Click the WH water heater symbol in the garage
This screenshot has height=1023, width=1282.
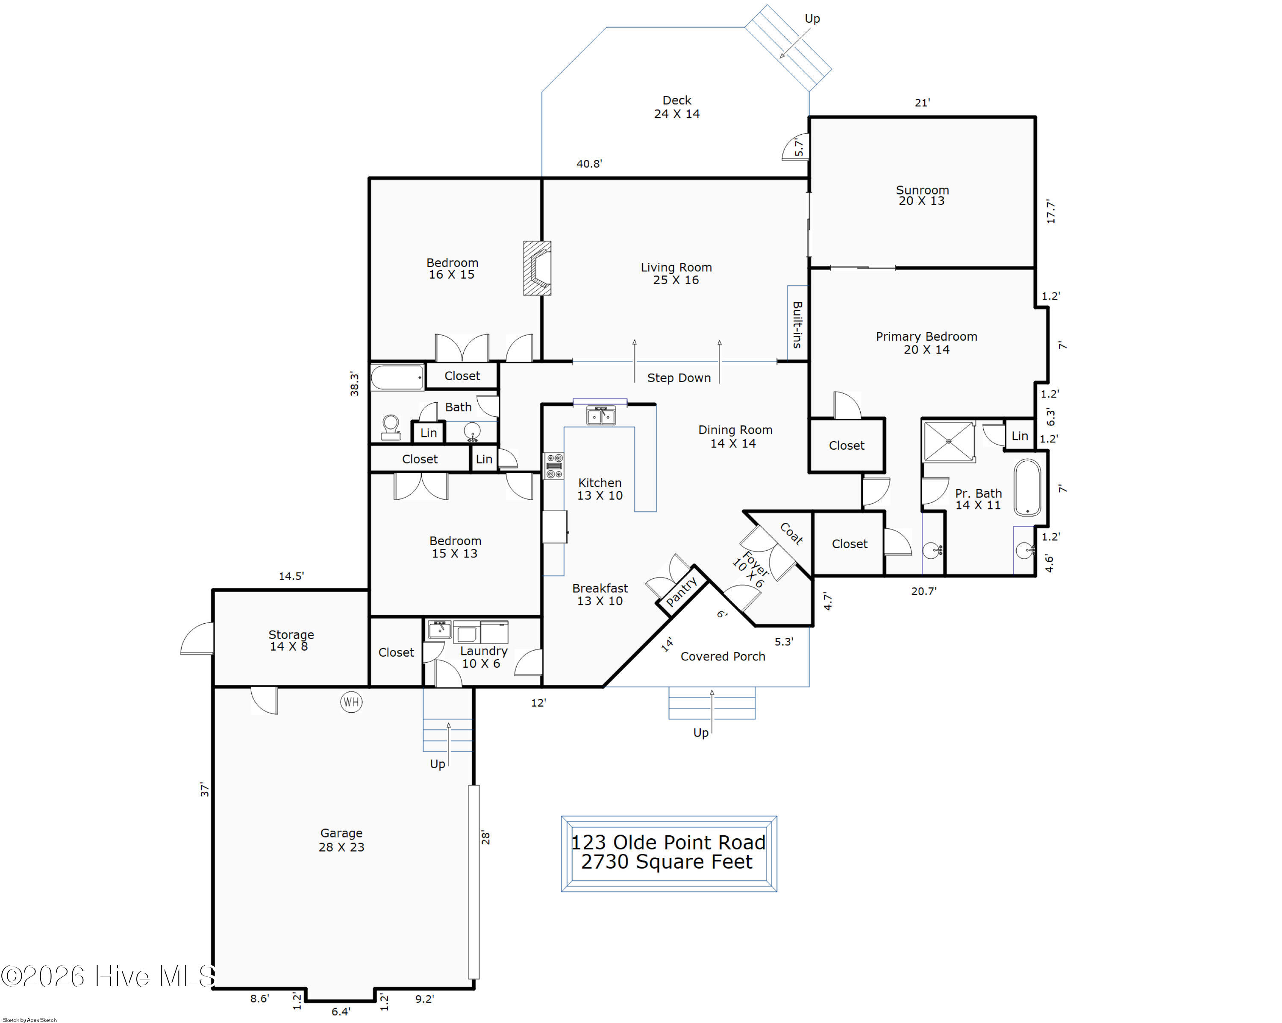coord(351,702)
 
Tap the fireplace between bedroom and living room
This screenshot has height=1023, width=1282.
coord(537,268)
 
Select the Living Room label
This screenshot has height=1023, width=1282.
coord(676,274)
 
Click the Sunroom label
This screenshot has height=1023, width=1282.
coord(922,195)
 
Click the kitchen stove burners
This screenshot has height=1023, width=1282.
coord(554,466)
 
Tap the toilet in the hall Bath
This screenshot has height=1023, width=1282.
coord(391,427)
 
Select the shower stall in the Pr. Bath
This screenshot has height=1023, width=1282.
coord(949,441)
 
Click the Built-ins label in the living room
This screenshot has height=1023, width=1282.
coord(797,325)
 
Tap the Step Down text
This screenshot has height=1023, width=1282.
coord(679,377)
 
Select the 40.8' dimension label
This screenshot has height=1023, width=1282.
coord(589,164)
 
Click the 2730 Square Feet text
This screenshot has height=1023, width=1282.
coord(667,862)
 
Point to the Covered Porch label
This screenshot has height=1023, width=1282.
coord(723,656)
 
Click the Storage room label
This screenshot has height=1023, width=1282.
coord(291,640)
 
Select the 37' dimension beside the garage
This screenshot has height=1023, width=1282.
coord(205,789)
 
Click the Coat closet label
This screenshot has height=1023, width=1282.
coord(791,533)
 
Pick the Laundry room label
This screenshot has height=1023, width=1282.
coord(483,657)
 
